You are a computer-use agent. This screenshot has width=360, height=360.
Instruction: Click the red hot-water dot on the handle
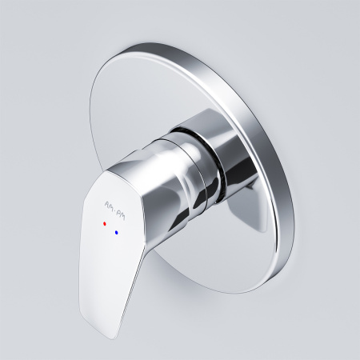(x=103, y=226)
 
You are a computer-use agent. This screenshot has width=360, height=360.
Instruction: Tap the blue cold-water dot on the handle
(x=118, y=233)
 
